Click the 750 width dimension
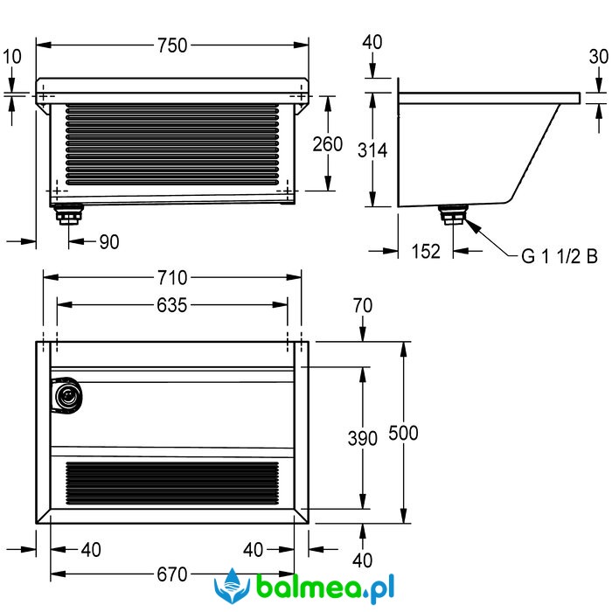(172, 45)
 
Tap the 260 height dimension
(328, 144)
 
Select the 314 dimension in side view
(372, 150)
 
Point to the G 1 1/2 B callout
(560, 256)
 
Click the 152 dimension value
(426, 251)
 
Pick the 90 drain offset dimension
(109, 242)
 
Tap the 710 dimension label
(172, 278)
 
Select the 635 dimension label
(172, 305)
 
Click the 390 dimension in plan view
(363, 438)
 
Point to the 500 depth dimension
(404, 433)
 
